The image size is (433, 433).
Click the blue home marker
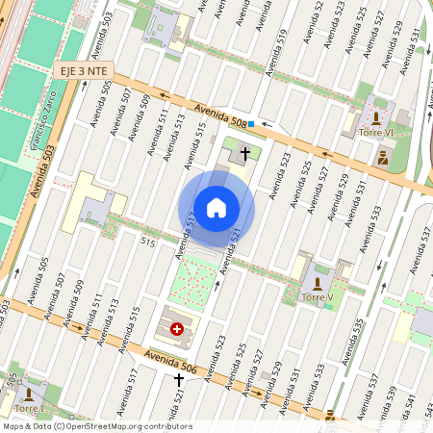click(x=216, y=208)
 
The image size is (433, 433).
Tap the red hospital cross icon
click(x=177, y=330)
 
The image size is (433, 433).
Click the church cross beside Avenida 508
click(x=245, y=153)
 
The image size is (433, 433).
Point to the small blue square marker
click(x=251, y=123)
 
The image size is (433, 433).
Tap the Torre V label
click(x=318, y=297)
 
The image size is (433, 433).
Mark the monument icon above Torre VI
click(x=373, y=116)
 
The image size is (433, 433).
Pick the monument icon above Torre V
click(x=318, y=282)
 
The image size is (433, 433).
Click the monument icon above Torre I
click(x=30, y=394)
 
